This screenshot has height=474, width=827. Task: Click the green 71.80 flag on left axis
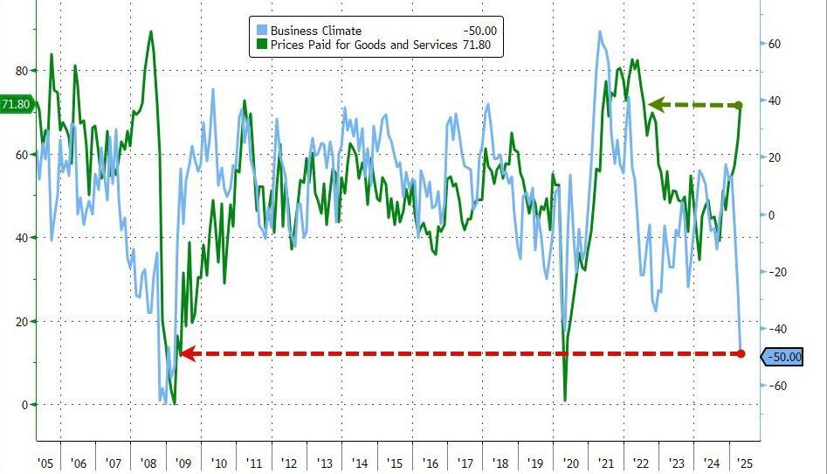[16, 105]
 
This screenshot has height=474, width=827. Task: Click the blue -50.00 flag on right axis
[783, 357]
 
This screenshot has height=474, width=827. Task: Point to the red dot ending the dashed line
[741, 353]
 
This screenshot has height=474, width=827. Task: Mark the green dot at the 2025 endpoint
[739, 106]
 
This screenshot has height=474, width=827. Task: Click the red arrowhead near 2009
[185, 354]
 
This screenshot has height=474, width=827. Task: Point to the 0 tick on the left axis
[24, 404]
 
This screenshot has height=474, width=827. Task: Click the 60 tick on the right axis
[773, 44]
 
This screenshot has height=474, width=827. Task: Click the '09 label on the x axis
[183, 464]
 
